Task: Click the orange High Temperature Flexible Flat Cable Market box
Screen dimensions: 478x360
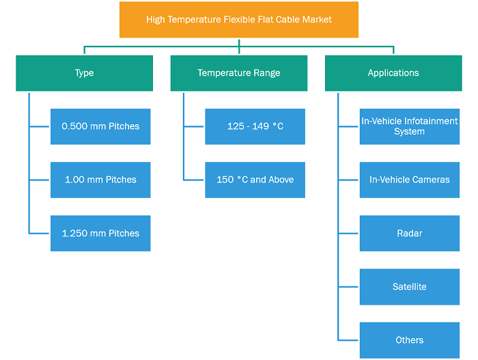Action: tap(239, 20)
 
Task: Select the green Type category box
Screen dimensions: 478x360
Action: tap(84, 73)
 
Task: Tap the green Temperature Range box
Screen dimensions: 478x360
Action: tap(239, 73)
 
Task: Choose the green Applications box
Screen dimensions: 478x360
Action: tap(393, 73)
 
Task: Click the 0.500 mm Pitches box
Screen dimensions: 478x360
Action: tap(100, 126)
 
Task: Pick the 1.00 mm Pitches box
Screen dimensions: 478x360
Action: tap(100, 180)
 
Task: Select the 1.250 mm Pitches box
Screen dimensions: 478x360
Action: tap(100, 234)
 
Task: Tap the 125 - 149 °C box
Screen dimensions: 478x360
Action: tap(255, 126)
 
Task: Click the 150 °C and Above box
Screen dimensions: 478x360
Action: tap(255, 180)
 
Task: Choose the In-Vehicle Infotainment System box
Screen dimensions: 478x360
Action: tap(410, 126)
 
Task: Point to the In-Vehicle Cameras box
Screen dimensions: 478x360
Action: tap(410, 180)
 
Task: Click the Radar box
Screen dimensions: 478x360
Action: tap(410, 234)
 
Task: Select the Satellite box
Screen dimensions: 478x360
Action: tap(410, 287)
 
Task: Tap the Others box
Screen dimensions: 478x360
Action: tap(410, 340)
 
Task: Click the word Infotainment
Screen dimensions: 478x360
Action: tap(431, 121)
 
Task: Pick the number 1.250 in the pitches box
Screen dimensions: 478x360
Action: tap(74, 234)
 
